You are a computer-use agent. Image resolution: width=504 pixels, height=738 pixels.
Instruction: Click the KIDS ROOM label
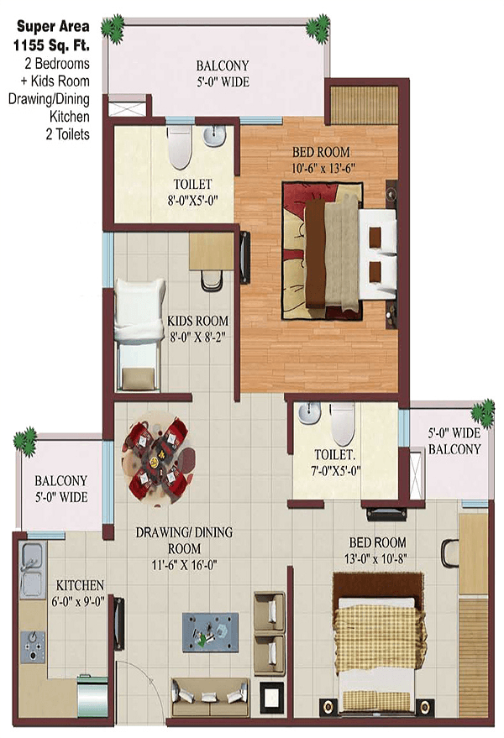click(x=198, y=321)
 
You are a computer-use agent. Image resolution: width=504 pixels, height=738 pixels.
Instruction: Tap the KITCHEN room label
click(x=80, y=585)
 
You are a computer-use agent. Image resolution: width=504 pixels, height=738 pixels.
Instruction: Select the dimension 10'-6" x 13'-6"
click(x=323, y=168)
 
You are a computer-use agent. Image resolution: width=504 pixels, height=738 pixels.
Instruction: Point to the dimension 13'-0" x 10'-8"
click(x=375, y=558)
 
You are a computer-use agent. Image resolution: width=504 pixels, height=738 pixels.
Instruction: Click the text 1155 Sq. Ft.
click(x=51, y=45)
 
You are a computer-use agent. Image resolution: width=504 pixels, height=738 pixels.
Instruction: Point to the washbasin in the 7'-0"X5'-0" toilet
click(x=309, y=412)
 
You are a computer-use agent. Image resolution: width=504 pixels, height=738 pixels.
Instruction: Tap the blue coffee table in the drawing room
click(x=210, y=631)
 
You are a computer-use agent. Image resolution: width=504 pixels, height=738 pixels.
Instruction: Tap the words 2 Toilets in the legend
click(x=67, y=134)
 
